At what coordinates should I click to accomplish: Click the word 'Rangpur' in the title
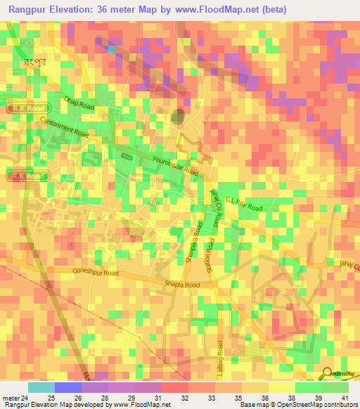(33, 11)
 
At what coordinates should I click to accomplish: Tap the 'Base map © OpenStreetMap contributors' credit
(298, 405)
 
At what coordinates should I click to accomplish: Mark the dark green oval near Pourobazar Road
(179, 115)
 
